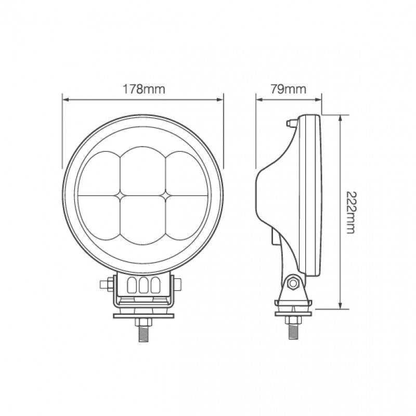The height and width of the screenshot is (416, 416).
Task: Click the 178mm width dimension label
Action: pyautogui.click(x=144, y=88)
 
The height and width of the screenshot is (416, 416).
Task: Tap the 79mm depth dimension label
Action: pyautogui.click(x=288, y=88)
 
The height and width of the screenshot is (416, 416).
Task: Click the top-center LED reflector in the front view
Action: pyautogui.click(x=144, y=170)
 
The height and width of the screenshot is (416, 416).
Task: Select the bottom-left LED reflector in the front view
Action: pyautogui.click(x=102, y=216)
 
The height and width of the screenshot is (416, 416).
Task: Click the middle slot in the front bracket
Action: pyautogui.click(x=143, y=285)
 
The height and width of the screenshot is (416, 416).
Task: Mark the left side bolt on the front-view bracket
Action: pyautogui.click(x=106, y=284)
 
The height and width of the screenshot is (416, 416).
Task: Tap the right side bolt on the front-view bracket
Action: pyautogui.click(x=180, y=284)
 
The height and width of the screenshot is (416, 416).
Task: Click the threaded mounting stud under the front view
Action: pyautogui.click(x=143, y=330)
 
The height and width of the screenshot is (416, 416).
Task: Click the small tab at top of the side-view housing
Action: pyautogui.click(x=289, y=123)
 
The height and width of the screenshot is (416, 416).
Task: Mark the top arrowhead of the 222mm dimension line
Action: pyautogui.click(x=340, y=117)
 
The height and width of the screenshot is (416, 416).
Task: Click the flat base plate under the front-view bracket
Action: pyautogui.click(x=143, y=314)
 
